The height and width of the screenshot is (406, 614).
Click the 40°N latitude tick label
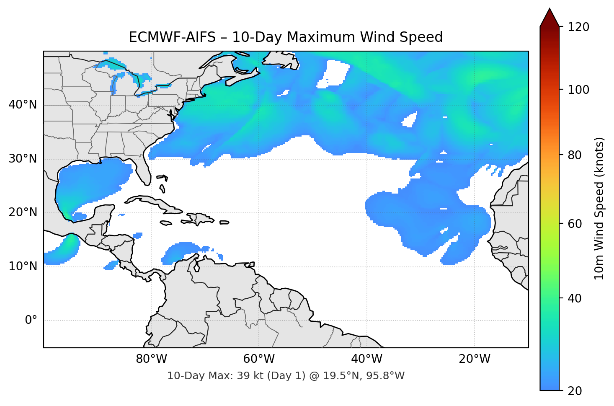coord(23,105)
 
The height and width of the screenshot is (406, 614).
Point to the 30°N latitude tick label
coord(23,159)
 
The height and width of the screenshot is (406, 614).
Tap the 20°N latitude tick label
coord(23,212)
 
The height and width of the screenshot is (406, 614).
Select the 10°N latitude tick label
coord(23,266)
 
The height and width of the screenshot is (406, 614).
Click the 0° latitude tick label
coord(31,321)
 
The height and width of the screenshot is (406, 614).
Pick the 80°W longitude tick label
coord(151,359)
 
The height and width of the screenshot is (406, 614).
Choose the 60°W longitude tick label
coord(259,359)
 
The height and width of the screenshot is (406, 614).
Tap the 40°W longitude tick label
coord(367,359)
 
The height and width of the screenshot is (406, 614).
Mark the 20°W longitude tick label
coord(475,359)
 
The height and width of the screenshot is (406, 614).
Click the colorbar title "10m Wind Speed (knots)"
coord(599,208)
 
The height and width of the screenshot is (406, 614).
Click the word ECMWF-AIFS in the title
coord(172,37)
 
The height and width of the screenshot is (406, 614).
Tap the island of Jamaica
coord(166,223)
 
